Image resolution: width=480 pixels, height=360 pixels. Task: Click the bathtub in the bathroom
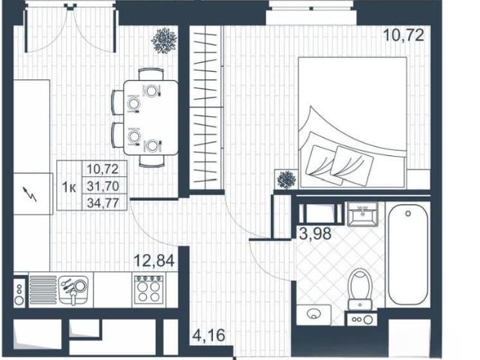[x=408, y=254]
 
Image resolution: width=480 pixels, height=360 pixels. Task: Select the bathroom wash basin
[x=363, y=214]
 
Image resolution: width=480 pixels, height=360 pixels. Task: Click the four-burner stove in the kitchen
[x=148, y=289]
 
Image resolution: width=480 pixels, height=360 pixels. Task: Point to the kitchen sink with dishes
[x=73, y=290]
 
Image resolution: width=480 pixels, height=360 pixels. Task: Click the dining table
[x=151, y=118]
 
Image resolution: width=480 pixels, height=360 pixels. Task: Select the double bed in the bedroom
[x=352, y=122]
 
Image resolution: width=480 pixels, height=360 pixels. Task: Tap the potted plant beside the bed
[x=286, y=180]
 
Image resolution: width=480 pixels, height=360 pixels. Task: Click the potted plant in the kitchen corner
[x=164, y=40]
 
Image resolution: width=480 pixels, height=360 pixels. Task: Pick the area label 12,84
[x=154, y=261]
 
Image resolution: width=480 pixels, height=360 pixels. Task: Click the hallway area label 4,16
[x=208, y=335]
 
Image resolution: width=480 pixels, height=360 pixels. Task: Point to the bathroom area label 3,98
[x=315, y=234]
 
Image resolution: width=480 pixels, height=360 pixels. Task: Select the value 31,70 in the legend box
[x=103, y=186]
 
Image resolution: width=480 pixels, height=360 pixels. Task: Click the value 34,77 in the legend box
[x=103, y=202]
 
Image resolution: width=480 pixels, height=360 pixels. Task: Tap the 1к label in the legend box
[x=69, y=187]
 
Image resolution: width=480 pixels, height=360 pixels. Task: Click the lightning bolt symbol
[x=30, y=194]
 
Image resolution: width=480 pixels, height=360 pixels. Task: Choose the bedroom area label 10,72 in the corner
[x=403, y=35]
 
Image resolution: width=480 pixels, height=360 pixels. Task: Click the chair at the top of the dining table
[x=151, y=74]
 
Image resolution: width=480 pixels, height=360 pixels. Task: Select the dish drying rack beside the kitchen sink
[x=43, y=290]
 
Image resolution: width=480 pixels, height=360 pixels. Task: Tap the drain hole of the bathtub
[x=408, y=213]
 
